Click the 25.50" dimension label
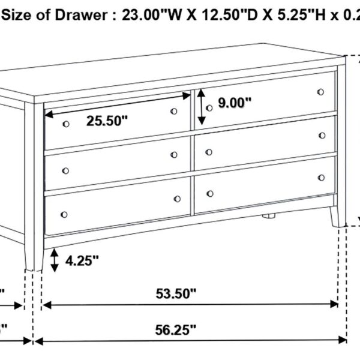click(x=107, y=121)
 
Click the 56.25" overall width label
click(x=176, y=329)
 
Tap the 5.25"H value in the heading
click(x=287, y=16)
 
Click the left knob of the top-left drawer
click(x=65, y=123)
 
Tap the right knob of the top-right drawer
click(x=321, y=92)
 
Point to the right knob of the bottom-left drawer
click(x=177, y=199)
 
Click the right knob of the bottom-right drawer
click(x=321, y=178)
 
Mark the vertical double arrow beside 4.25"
click(x=55, y=260)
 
